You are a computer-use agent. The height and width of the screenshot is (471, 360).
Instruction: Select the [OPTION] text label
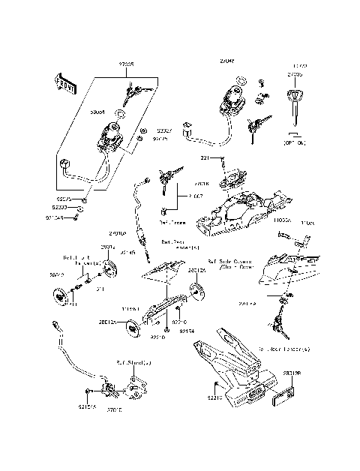295,142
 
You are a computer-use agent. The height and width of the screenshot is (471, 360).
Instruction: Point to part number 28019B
292,373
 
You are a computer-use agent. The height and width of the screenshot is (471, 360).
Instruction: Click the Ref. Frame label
172,223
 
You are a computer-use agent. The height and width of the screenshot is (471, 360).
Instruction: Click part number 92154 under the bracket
186,330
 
